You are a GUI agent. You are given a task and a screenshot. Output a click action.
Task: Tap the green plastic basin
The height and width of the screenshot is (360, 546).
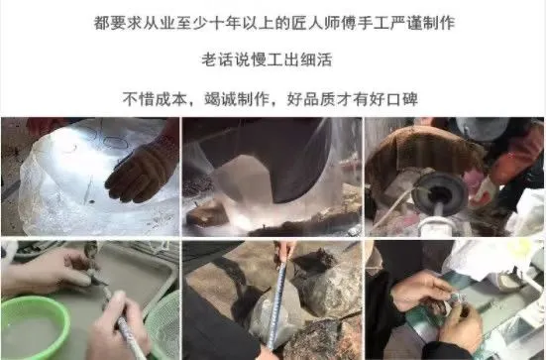pos(33,326)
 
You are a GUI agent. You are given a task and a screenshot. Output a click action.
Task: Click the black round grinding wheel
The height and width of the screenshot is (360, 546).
pos(439,192)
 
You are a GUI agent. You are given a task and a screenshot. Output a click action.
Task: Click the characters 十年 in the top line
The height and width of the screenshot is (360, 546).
pos(225,24)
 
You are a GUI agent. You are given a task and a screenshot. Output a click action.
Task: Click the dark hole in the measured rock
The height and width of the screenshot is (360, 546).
pos(312,262)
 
